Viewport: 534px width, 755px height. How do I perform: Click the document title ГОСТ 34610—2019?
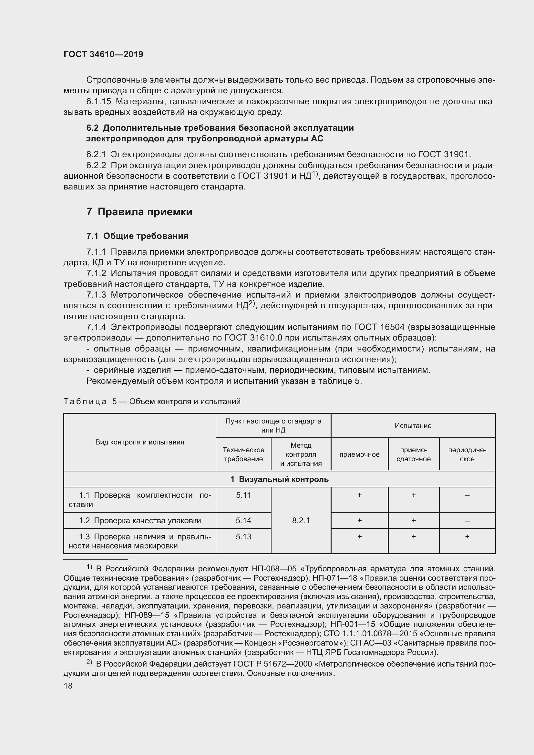click(x=103, y=54)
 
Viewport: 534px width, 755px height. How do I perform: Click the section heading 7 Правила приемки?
click(x=139, y=212)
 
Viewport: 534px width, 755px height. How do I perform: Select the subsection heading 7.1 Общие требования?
click(x=137, y=236)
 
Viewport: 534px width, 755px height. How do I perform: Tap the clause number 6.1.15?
click(x=99, y=102)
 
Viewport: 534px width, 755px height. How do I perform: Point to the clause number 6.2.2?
click(x=96, y=165)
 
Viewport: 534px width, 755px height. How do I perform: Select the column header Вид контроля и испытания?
click(x=139, y=442)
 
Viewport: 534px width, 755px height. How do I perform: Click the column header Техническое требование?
click(x=243, y=454)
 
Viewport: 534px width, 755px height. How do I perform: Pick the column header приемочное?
click(x=359, y=454)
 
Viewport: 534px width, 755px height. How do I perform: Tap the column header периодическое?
click(x=467, y=454)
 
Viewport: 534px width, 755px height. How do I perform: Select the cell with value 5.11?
click(x=243, y=495)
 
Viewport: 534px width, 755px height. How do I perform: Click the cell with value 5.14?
click(x=243, y=520)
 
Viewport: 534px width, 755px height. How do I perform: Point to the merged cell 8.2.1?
click(x=301, y=520)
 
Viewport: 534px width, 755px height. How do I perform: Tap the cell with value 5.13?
click(x=243, y=536)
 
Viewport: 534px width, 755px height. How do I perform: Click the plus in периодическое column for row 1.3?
click(x=467, y=536)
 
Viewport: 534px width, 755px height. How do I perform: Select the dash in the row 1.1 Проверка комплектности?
click(x=467, y=495)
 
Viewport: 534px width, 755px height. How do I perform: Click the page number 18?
click(x=68, y=686)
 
